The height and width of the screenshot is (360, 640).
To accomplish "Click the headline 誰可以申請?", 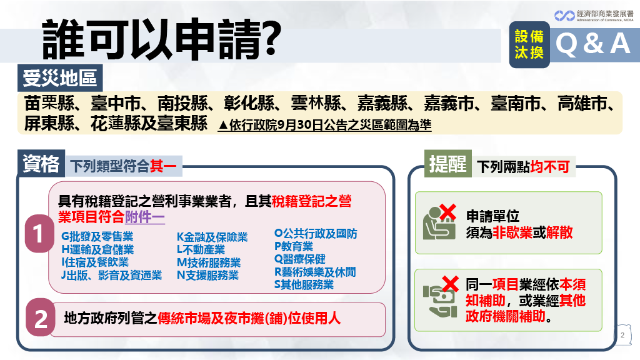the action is (x=162, y=39).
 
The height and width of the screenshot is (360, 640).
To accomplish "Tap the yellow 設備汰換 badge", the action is (x=529, y=44).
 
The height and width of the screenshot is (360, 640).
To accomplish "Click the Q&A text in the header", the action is (x=593, y=44).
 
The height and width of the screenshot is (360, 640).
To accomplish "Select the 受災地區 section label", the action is (x=60, y=78).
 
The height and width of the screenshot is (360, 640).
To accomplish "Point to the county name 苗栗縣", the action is (x=49, y=103).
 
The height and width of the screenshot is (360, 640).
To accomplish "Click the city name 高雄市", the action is (x=582, y=103).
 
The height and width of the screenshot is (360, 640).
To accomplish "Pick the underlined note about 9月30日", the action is (x=325, y=125).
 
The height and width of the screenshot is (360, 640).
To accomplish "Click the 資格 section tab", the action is (x=41, y=164).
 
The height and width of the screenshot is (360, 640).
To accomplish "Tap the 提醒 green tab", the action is (x=447, y=164).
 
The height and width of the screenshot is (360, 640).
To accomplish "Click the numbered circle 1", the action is (x=39, y=234).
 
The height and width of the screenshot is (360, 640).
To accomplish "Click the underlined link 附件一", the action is (x=145, y=217).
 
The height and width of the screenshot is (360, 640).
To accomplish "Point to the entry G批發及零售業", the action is (x=97, y=236).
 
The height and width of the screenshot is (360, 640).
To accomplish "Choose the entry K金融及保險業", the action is (x=212, y=237).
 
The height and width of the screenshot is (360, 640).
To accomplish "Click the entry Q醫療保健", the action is (x=300, y=259).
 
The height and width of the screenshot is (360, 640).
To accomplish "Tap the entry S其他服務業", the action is (x=304, y=284).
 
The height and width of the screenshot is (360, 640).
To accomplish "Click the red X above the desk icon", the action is (x=447, y=212).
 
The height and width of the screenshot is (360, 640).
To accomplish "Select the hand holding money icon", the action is (x=440, y=301).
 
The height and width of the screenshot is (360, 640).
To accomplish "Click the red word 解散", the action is (x=559, y=232).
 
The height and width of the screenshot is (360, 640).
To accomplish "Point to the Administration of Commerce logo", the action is (x=594, y=16).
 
